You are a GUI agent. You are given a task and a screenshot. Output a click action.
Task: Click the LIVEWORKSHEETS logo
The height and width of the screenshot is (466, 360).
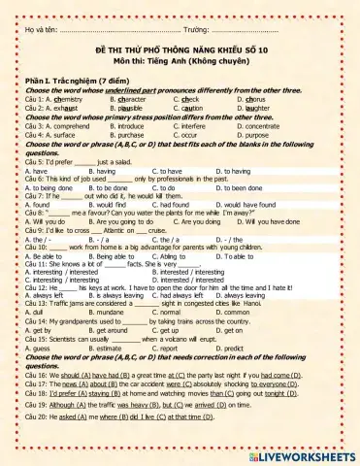pyautogui.click(x=302, y=453)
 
